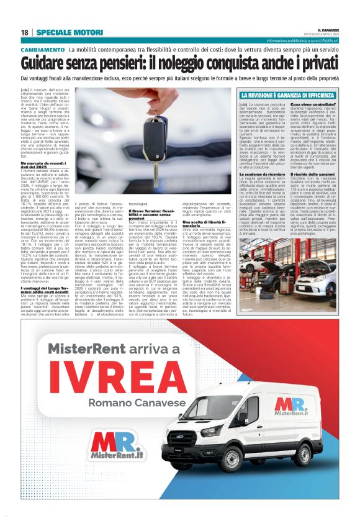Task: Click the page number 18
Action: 24,32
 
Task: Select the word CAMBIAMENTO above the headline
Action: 42,49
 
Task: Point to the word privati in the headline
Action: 317,63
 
